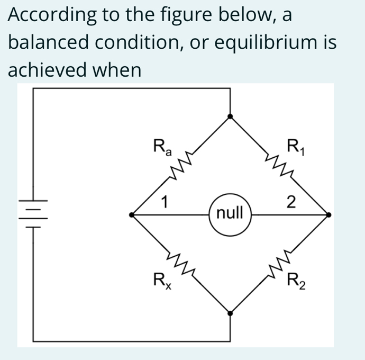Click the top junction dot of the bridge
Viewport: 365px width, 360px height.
point(230,116)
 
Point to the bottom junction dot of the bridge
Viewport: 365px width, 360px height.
point(230,313)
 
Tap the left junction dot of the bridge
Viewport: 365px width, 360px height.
point(132,214)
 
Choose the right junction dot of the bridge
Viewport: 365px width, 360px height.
point(328,214)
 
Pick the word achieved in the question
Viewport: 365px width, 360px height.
point(43,70)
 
